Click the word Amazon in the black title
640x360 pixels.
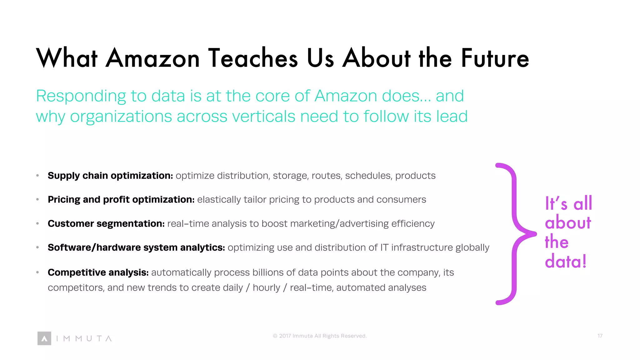152,58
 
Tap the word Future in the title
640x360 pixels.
495,58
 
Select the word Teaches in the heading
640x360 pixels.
253,58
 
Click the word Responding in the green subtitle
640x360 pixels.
81,96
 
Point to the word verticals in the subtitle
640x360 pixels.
263,117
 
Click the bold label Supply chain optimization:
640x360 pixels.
110,176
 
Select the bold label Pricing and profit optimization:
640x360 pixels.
121,199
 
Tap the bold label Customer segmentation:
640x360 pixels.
106,223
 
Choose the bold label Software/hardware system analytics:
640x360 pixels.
136,247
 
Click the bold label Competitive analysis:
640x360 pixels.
98,272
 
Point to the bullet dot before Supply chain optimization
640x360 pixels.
37,176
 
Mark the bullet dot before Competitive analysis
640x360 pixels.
37,272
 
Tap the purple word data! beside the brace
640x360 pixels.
566,261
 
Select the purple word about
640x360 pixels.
568,223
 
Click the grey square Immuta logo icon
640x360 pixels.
44,338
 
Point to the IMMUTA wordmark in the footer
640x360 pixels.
84,338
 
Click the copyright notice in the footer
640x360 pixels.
320,336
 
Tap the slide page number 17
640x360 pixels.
600,336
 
